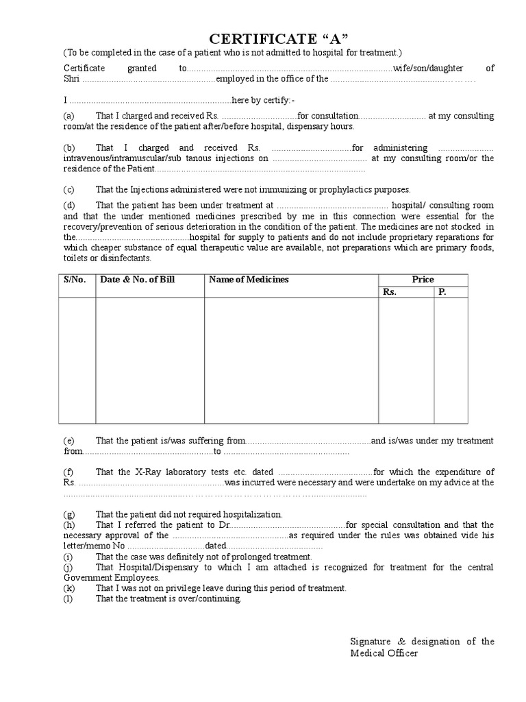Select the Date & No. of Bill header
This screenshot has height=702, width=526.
pos(138,280)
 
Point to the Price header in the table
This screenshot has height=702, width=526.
pos(423,280)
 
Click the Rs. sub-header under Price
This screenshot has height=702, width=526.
pos(390,292)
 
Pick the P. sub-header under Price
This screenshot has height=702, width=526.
pos(442,292)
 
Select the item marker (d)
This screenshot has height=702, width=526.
pos(69,206)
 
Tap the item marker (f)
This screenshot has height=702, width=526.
pos(69,472)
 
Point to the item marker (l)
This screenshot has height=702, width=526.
pos(68,598)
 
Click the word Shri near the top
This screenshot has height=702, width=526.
pos(72,79)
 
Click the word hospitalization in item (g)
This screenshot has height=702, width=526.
pos(250,514)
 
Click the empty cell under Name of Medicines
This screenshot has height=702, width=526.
pos(291,360)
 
